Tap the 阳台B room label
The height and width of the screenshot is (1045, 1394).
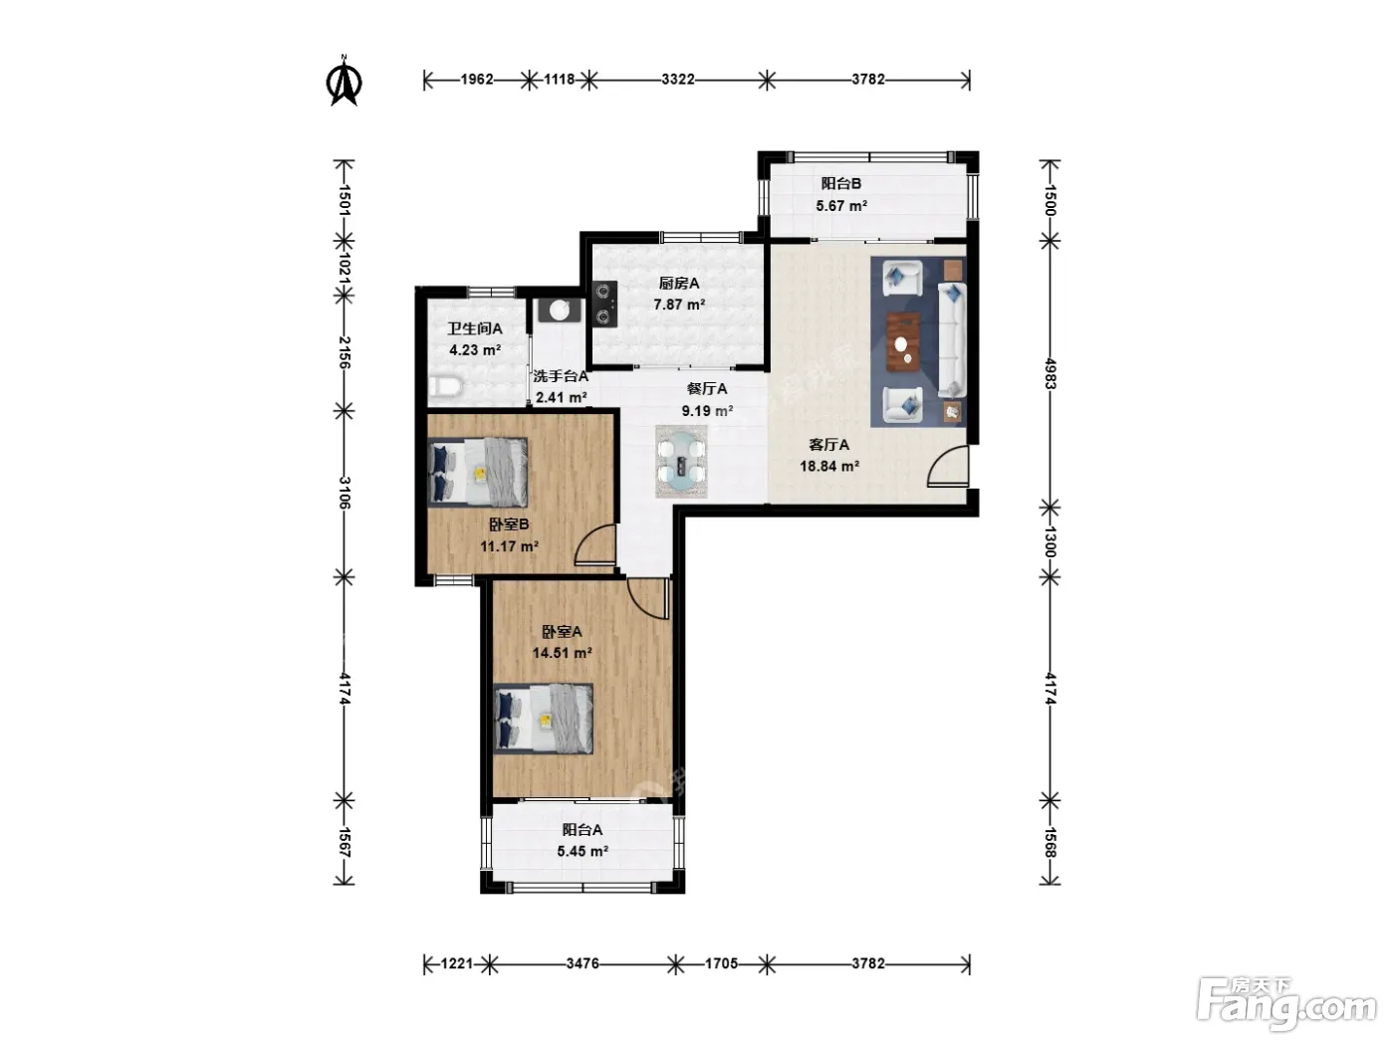coord(840,184)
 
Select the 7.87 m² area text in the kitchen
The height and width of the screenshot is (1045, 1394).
coord(679,305)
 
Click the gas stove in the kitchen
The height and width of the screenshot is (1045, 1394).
coord(604,305)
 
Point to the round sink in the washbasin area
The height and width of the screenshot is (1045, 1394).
coord(560,311)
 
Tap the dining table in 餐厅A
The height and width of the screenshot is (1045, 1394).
coord(681,461)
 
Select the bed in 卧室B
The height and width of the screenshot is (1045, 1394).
coord(478,472)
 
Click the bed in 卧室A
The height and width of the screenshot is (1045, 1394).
coord(544,719)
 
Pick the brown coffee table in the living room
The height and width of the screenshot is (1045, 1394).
coord(903,341)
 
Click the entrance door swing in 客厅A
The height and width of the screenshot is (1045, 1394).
coord(948,467)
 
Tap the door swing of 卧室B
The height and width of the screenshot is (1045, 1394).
coord(595,545)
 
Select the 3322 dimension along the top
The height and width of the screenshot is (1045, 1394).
coord(678,80)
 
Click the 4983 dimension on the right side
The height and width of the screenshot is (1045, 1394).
coord(1050,374)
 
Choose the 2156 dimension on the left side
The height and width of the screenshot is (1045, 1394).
coord(345,352)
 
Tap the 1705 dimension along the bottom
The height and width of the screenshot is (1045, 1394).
coord(721,963)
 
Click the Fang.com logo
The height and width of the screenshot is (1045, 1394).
coord(1286,1004)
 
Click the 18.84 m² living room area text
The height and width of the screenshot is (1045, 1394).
coord(829,467)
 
